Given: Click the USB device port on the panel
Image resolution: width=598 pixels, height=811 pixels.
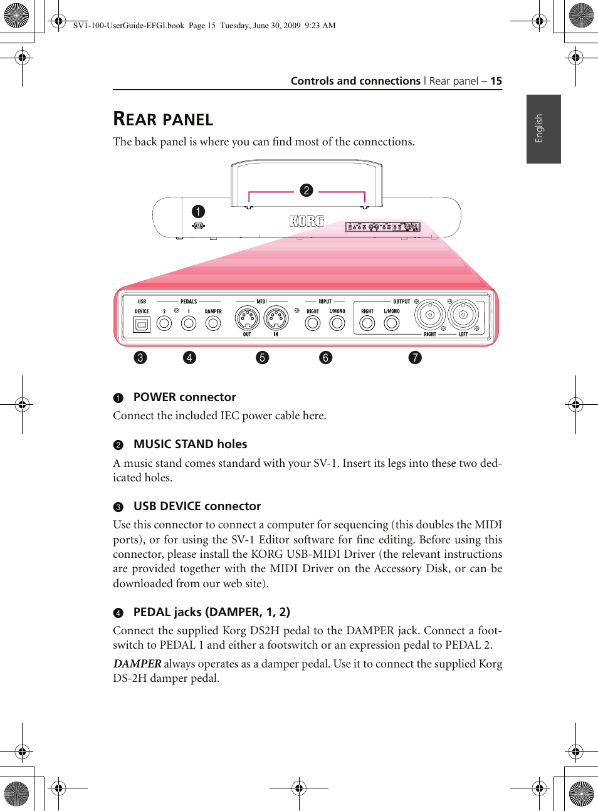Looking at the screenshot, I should pyautogui.click(x=142, y=324).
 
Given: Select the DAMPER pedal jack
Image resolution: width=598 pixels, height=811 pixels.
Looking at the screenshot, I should pyautogui.click(x=213, y=323).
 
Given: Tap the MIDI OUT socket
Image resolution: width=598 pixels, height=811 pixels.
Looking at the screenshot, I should pyautogui.click(x=247, y=318).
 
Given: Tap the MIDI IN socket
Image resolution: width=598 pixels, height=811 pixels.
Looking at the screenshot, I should pyautogui.click(x=276, y=318).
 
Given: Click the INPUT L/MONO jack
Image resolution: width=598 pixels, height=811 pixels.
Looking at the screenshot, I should pyautogui.click(x=337, y=323).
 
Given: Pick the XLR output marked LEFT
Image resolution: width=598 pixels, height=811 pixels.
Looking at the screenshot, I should pyautogui.click(x=463, y=315).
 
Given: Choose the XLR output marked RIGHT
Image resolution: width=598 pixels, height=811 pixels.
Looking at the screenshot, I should pyautogui.click(x=430, y=315).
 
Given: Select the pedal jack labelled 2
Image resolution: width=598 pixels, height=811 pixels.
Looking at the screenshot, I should pyautogui.click(x=164, y=323).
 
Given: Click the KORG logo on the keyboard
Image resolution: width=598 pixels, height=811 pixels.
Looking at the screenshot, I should pyautogui.click(x=307, y=221).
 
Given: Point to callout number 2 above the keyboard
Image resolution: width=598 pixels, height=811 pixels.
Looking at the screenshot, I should pyautogui.click(x=307, y=190).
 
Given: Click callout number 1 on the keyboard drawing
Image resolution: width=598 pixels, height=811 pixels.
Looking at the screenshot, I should pyautogui.click(x=198, y=211).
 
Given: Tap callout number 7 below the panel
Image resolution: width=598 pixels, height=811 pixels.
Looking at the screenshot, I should pyautogui.click(x=415, y=357).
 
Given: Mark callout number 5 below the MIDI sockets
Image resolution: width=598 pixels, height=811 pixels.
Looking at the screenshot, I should pyautogui.click(x=262, y=357).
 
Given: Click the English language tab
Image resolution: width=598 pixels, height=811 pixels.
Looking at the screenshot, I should pyautogui.click(x=543, y=128).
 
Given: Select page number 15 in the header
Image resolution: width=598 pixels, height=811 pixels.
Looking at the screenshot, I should pyautogui.click(x=496, y=81).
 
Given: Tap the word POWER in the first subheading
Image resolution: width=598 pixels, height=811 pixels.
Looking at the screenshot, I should pyautogui.click(x=154, y=397).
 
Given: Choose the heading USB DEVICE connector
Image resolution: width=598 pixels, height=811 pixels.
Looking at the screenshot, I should pyautogui.click(x=197, y=506).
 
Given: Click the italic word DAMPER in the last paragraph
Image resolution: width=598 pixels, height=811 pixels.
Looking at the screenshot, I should pyautogui.click(x=137, y=663).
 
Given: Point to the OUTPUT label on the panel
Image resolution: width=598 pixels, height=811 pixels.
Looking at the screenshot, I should pyautogui.click(x=401, y=301).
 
